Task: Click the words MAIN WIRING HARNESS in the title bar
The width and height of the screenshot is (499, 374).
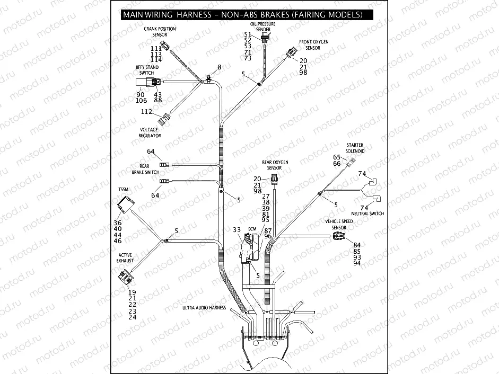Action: pos(162,15)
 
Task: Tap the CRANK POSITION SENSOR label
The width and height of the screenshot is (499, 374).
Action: pos(160,32)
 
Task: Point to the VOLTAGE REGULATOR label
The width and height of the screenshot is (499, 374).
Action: pos(150,132)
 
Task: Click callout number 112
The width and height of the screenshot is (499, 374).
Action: pos(146,112)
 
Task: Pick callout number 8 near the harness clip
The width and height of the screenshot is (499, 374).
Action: pos(218,67)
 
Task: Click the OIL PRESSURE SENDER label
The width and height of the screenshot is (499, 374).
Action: pos(263,27)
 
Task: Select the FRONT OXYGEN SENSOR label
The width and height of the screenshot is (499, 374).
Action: pos(313,44)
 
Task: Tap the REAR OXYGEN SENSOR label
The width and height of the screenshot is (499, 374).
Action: pos(275,164)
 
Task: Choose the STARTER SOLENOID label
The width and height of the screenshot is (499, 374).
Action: pos(355,148)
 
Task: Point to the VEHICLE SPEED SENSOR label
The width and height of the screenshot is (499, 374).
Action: pos(339,224)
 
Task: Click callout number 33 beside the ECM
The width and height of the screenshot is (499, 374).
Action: pos(237,229)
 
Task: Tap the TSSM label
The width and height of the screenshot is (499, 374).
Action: pos(123,189)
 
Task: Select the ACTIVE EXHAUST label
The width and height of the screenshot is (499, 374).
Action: pos(125,258)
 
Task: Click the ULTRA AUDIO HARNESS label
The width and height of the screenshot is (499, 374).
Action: pos(204,308)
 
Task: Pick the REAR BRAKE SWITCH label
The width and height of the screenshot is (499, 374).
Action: pos(145,168)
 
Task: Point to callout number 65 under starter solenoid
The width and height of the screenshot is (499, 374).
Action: pos(337,157)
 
